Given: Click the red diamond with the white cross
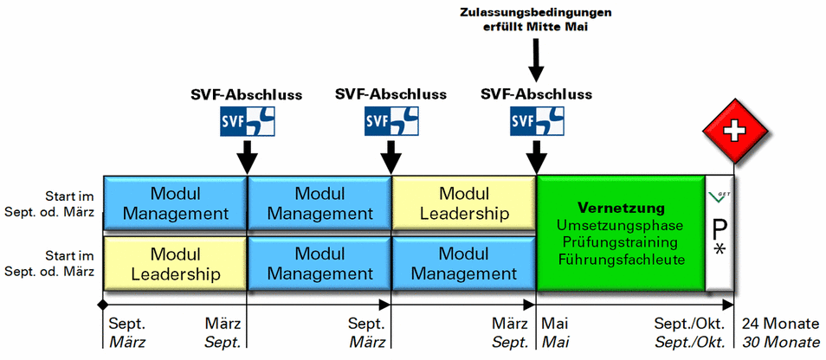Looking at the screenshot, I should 734,132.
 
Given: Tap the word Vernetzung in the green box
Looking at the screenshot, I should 621,208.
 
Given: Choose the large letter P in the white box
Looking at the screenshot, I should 720,229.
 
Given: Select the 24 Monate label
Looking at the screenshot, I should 780,325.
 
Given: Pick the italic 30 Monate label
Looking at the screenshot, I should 780,342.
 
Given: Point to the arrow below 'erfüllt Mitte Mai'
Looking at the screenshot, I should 536,60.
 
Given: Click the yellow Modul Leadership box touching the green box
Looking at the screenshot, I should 463,203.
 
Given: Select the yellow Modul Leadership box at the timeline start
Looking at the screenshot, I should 175,264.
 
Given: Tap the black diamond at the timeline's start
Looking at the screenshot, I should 102,305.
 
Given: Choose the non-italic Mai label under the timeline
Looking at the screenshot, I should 554,325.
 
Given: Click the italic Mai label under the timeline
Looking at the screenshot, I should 554,342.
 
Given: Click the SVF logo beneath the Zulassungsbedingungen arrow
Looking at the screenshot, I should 536,123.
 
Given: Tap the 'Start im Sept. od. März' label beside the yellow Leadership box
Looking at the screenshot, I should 58,262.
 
